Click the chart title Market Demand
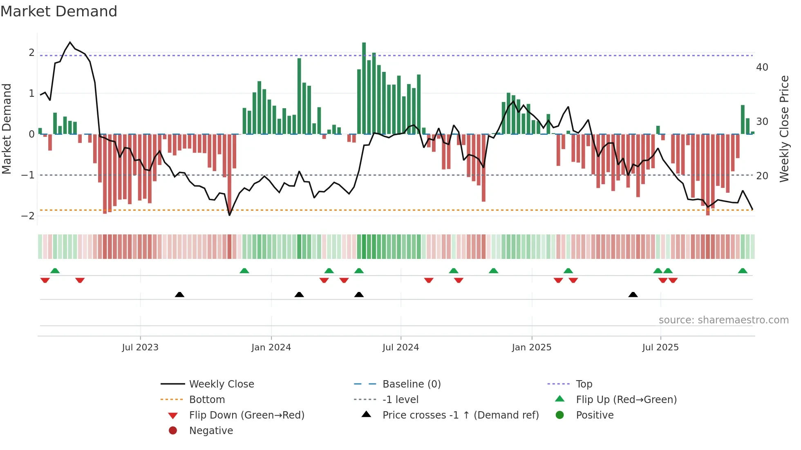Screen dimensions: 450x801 point(59,11)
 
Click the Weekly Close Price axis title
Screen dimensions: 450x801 point(784,129)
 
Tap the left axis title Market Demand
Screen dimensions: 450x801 point(7,129)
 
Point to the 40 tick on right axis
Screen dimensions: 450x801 point(762,67)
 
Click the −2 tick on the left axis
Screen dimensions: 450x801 point(28,216)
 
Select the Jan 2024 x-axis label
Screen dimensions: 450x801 point(271,348)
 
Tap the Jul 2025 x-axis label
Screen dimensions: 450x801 point(660,348)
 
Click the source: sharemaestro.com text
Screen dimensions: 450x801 point(723,320)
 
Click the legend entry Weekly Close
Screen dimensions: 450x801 point(221,384)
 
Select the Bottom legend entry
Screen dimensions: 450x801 point(207,400)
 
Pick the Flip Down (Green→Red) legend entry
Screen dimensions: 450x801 point(246,415)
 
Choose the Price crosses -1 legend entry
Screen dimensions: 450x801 point(460,415)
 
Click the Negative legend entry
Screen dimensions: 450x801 point(211,431)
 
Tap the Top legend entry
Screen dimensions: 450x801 point(584,384)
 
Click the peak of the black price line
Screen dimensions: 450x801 point(70,42)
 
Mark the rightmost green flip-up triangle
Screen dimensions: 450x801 point(743,271)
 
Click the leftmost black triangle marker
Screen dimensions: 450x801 point(179,294)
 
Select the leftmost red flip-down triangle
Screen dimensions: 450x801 point(45,280)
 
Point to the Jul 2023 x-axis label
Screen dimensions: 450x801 point(140,348)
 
